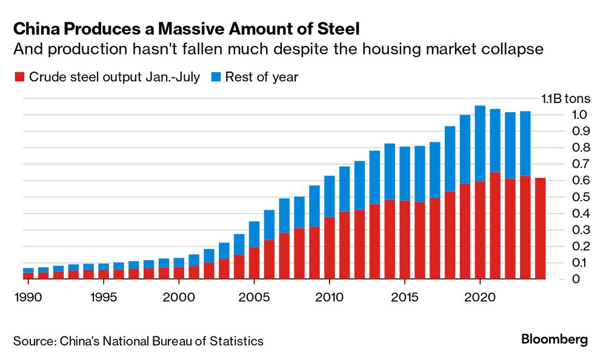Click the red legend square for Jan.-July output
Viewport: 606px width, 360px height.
(x=19, y=77)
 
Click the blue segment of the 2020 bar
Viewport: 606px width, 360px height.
(x=479, y=143)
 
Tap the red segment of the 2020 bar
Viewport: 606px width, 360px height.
(x=479, y=230)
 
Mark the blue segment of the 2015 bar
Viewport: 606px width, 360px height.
(x=404, y=173)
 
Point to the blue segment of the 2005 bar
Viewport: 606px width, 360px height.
(x=254, y=234)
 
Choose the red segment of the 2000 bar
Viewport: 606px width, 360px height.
(x=179, y=273)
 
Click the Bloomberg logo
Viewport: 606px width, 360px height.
(x=554, y=339)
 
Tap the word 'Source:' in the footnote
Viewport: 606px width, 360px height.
(x=34, y=341)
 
